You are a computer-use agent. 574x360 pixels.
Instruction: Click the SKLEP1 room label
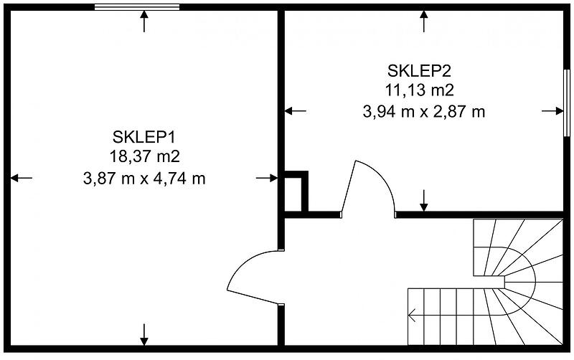tap(144, 137)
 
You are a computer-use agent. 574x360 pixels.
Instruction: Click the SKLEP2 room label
tap(420, 70)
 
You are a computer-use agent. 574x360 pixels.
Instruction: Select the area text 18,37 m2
tap(145, 156)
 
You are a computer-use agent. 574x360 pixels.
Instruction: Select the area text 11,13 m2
tap(419, 90)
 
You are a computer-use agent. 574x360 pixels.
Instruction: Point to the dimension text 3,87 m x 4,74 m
tap(144, 179)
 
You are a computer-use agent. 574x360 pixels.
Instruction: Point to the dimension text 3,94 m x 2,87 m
tap(424, 112)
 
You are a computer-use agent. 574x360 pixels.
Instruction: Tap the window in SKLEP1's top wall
tap(137, 7)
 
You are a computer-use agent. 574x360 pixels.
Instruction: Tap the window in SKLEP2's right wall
tap(567, 103)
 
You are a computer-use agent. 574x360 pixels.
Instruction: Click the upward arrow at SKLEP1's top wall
tap(144, 22)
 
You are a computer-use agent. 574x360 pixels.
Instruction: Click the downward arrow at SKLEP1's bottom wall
tap(144, 334)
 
